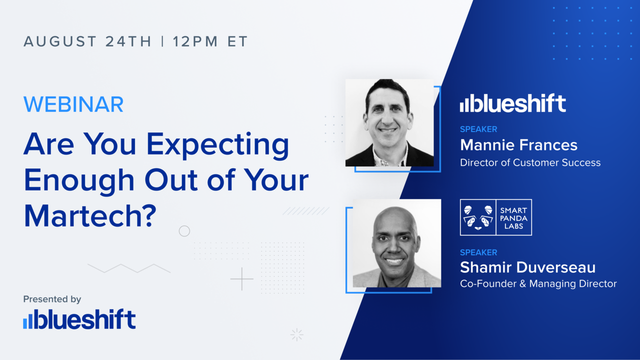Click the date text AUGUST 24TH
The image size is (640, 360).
(x=87, y=41)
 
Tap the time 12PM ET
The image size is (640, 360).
(x=210, y=41)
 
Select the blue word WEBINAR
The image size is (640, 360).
(x=73, y=104)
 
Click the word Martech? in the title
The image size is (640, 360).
(x=90, y=215)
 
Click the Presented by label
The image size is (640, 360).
(x=52, y=299)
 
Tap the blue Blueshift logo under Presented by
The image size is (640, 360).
(x=79, y=320)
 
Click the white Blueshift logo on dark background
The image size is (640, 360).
(x=512, y=103)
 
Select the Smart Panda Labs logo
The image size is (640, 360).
(x=495, y=217)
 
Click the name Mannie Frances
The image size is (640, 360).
(x=518, y=145)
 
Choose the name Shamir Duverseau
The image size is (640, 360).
(x=527, y=267)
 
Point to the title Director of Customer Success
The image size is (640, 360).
(x=530, y=162)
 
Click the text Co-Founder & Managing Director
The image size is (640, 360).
(x=538, y=284)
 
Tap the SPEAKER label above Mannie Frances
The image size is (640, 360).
(x=478, y=129)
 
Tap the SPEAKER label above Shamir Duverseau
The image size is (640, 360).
(x=478, y=252)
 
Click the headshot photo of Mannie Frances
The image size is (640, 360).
(x=389, y=122)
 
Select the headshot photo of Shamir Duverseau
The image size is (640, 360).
(x=396, y=243)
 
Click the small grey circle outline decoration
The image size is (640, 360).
(x=184, y=231)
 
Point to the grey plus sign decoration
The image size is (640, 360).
(x=241, y=279)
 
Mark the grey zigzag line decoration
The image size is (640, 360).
(x=129, y=268)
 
